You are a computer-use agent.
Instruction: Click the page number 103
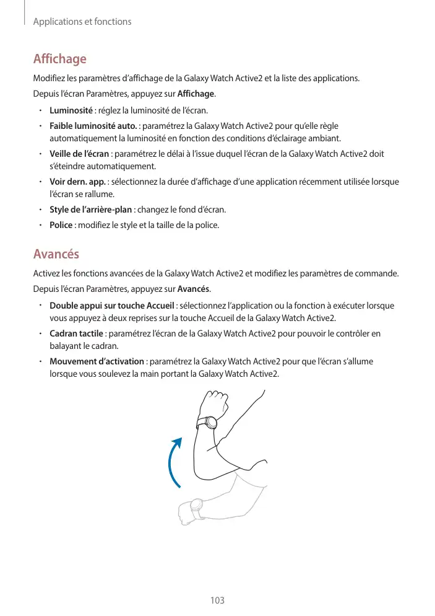217,600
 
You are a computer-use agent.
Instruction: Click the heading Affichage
59,59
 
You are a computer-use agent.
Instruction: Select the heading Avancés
56,254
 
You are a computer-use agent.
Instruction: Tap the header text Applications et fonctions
82,22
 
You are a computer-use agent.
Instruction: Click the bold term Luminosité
71,110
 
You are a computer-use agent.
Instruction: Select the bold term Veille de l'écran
79,154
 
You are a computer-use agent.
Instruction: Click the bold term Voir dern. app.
77,182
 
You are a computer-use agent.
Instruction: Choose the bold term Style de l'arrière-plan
90,209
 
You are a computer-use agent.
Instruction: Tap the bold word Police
61,224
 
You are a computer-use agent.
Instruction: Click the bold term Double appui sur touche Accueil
112,306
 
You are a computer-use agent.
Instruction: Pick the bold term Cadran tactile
76,334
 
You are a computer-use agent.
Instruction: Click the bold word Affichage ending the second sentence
196,94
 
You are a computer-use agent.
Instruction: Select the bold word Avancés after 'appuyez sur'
194,289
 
